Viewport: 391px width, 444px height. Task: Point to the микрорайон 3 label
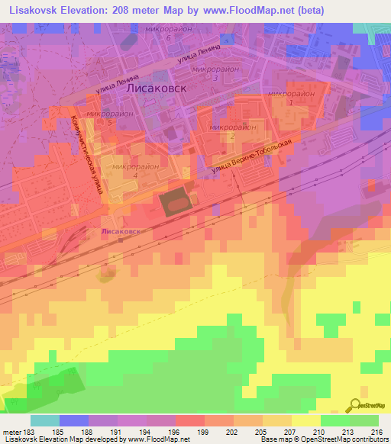click(x=216, y=72)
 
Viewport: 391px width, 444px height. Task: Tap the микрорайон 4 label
click(x=134, y=170)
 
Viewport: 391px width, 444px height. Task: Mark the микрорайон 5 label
click(x=111, y=117)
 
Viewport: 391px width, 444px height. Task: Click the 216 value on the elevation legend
click(x=376, y=432)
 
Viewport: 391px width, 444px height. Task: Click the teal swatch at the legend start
click(x=45, y=420)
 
